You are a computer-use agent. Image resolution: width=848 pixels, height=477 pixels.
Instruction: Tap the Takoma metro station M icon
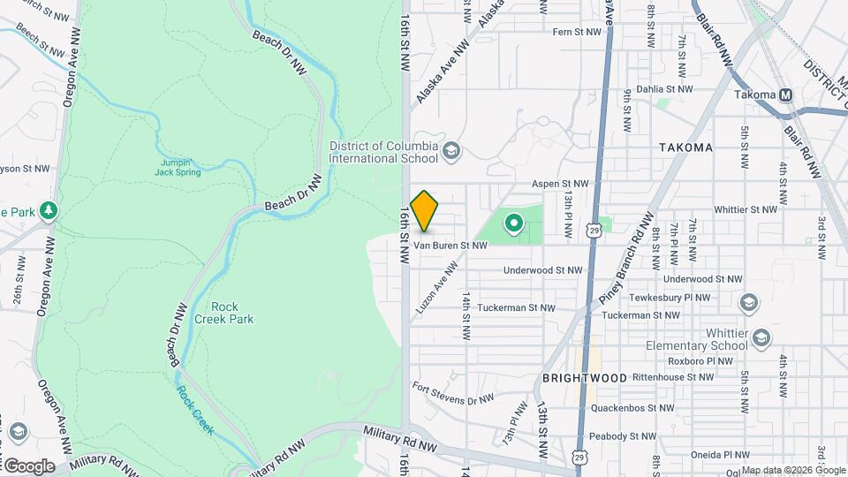click(785, 95)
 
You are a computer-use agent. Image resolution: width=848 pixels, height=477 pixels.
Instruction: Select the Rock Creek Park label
click(225, 313)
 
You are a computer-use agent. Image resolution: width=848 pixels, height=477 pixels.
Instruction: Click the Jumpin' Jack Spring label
click(180, 167)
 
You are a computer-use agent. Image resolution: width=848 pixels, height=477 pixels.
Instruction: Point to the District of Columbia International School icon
click(452, 151)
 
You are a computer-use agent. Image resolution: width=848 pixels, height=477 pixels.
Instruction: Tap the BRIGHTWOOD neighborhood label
click(585, 377)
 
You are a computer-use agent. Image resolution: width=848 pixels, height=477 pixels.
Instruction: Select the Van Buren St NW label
click(450, 246)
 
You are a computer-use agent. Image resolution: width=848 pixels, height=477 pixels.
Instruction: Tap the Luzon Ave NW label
click(435, 283)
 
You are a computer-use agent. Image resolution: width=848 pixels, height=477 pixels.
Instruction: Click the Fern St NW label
click(576, 32)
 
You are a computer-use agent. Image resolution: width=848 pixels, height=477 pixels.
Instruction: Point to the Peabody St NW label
click(624, 436)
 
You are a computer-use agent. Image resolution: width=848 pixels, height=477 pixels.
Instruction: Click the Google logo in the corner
click(29, 466)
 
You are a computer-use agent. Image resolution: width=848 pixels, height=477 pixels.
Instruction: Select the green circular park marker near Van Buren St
click(511, 221)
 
